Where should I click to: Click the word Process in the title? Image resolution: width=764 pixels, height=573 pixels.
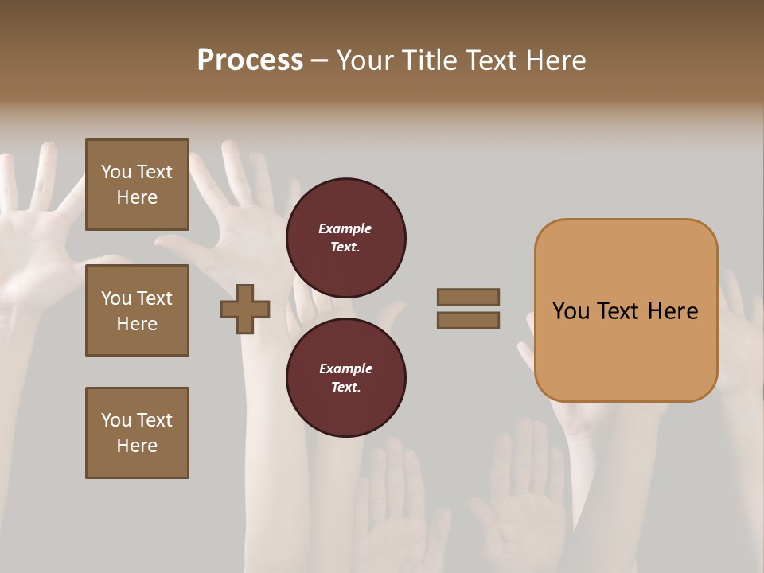tap(250, 60)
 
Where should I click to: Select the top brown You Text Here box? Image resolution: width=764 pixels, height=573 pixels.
tap(137, 185)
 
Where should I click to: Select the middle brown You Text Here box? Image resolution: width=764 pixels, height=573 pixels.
tap(137, 310)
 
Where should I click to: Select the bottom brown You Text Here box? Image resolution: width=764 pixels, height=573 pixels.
tap(137, 433)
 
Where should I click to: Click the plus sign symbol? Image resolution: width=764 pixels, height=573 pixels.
tap(245, 309)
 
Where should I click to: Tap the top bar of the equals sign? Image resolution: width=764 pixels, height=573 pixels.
tap(468, 297)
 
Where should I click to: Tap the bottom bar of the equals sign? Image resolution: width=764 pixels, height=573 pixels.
tap(468, 321)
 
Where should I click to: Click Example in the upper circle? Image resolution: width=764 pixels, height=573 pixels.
tap(345, 228)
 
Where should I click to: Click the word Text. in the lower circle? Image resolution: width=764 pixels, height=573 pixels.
tap(345, 388)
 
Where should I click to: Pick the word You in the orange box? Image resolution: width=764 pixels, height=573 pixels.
tap(570, 311)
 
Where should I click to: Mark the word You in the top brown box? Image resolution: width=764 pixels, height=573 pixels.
tap(116, 172)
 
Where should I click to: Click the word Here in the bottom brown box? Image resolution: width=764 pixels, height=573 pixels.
tap(137, 446)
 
